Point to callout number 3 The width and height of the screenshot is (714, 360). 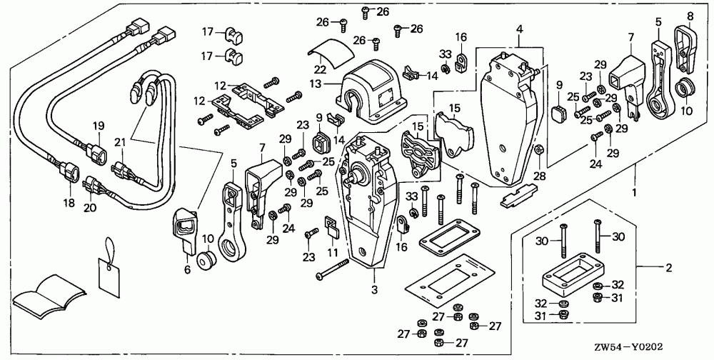click(375, 289)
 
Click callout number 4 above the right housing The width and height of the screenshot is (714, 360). click(520, 29)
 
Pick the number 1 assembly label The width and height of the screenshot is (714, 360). click(634, 192)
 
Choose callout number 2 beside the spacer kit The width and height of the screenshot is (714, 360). click(668, 268)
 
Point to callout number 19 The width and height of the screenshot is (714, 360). click(99, 125)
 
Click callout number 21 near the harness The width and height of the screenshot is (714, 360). click(119, 143)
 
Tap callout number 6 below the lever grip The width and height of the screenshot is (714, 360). click(187, 270)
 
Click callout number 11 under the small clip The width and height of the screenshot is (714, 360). click(333, 252)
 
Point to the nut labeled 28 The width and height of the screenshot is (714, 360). click(538, 149)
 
